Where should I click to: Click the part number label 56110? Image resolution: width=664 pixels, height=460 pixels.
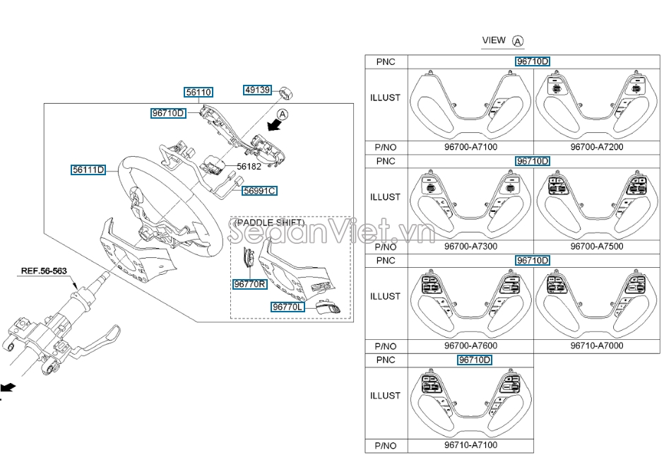[x=198, y=92]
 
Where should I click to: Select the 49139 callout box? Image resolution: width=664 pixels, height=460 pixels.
[x=258, y=90]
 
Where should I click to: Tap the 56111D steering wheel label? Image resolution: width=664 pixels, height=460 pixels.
[x=88, y=170]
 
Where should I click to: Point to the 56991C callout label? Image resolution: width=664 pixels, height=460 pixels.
[x=259, y=191]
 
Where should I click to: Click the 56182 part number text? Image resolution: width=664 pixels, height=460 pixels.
[x=249, y=166]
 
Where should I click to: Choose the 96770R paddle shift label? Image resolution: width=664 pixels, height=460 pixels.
[x=249, y=284]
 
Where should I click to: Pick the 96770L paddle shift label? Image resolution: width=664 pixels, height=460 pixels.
[x=287, y=307]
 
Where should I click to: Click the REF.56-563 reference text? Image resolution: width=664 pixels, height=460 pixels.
[x=44, y=271]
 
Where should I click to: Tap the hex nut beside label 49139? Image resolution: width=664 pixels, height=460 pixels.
[x=286, y=92]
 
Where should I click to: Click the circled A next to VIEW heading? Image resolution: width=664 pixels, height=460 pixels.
[x=518, y=41]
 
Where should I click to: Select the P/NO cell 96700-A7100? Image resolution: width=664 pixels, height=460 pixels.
[x=470, y=148]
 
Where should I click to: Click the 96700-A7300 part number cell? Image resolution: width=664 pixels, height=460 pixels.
[x=470, y=247]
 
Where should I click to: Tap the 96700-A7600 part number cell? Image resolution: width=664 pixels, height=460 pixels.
[x=470, y=346]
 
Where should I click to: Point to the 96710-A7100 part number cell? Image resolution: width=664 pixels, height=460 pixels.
[x=470, y=446]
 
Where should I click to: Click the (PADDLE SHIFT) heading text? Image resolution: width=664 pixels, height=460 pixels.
[x=269, y=223]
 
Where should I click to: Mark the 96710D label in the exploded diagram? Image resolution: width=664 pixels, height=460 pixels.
[x=168, y=113]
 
